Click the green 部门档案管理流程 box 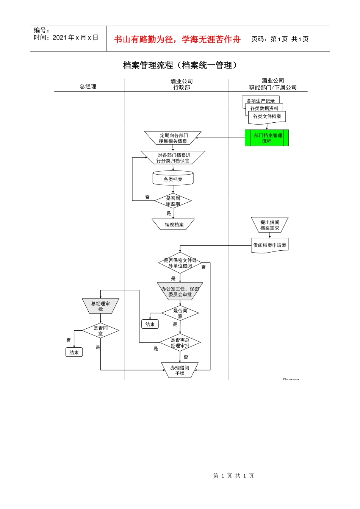pos(267,138)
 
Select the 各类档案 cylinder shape pos(173,178)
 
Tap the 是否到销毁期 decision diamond pos(173,201)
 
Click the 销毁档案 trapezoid pos(173,224)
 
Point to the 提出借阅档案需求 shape pos(270,225)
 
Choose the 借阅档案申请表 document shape pos(270,245)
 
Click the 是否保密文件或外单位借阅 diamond pos(180,263)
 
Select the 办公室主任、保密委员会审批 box pos(180,291)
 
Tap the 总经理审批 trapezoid pos(100,306)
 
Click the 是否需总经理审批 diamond pos(180,343)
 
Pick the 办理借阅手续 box pos(180,370)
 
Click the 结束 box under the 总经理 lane pos(74,353)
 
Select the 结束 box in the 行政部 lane pos(150,324)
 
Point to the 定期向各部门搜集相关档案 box pos(173,138)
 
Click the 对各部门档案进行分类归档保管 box pos(173,158)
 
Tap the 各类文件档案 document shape pos(267,117)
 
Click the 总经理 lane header pos(88,86)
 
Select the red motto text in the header pos(177,39)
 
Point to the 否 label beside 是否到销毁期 pos(147,197)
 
